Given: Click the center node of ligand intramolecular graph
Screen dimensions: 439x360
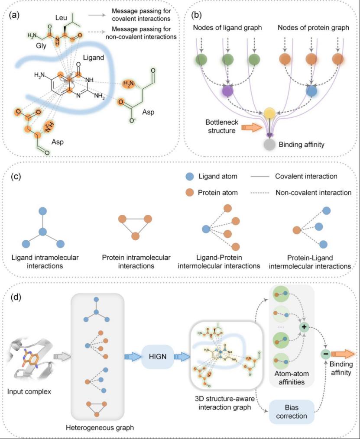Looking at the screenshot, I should click(x=42, y=232).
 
